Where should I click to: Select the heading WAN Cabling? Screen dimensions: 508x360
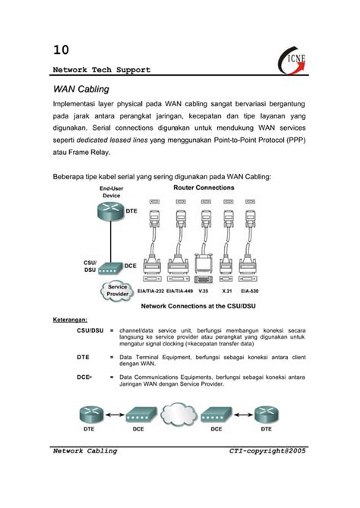pos(82,90)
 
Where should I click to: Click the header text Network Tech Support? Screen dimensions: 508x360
pos(101,70)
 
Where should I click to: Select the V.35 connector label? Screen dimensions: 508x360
pos(202,290)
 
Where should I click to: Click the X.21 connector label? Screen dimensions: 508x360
pos(227,290)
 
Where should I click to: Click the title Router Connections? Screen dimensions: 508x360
pos(203,187)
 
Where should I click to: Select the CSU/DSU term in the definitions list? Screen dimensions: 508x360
pos(90,331)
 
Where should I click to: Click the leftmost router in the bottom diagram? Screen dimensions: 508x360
pos(89,415)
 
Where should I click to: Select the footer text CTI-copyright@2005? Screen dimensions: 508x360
pos(267,451)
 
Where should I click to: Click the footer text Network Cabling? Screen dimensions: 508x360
pos(84,451)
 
